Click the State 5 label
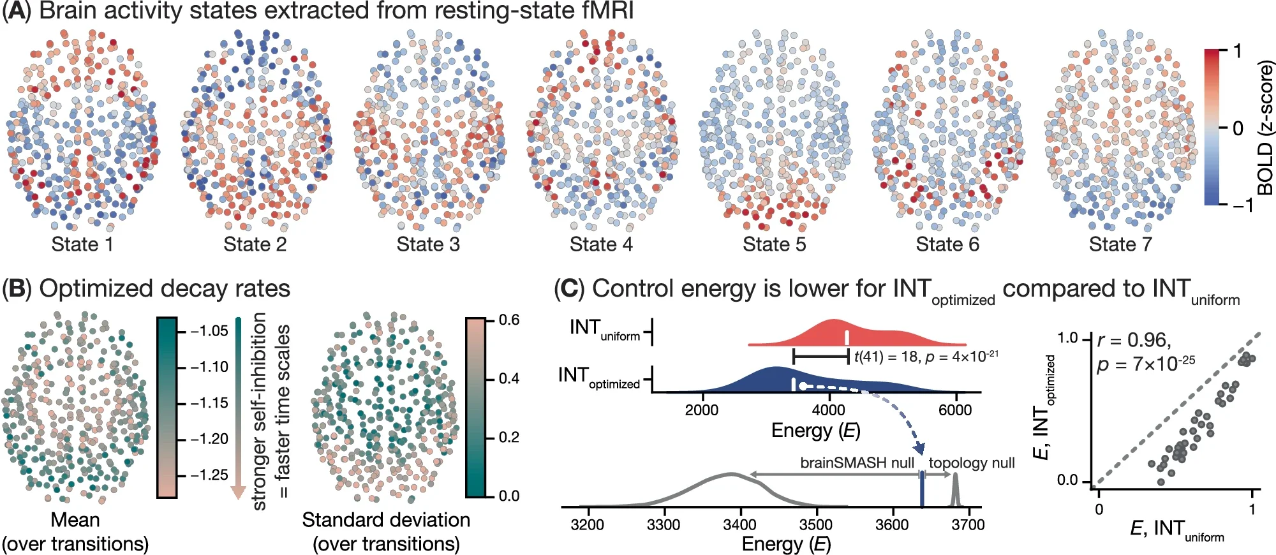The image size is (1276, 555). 774,244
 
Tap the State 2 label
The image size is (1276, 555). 255,244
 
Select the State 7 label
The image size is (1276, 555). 1120,244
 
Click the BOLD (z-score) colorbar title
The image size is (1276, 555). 1265,128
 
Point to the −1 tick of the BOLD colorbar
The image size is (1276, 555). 1241,205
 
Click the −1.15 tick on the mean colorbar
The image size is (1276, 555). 209,403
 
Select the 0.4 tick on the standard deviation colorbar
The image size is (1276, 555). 508,379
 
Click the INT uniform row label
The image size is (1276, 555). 604,329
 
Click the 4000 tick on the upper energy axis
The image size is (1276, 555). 827,410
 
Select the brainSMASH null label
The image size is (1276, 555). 857,463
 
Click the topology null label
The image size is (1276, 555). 971,463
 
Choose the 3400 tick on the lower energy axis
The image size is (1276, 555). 739,525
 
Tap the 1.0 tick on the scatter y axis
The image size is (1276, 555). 1067,338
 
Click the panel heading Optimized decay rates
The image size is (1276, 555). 164,289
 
